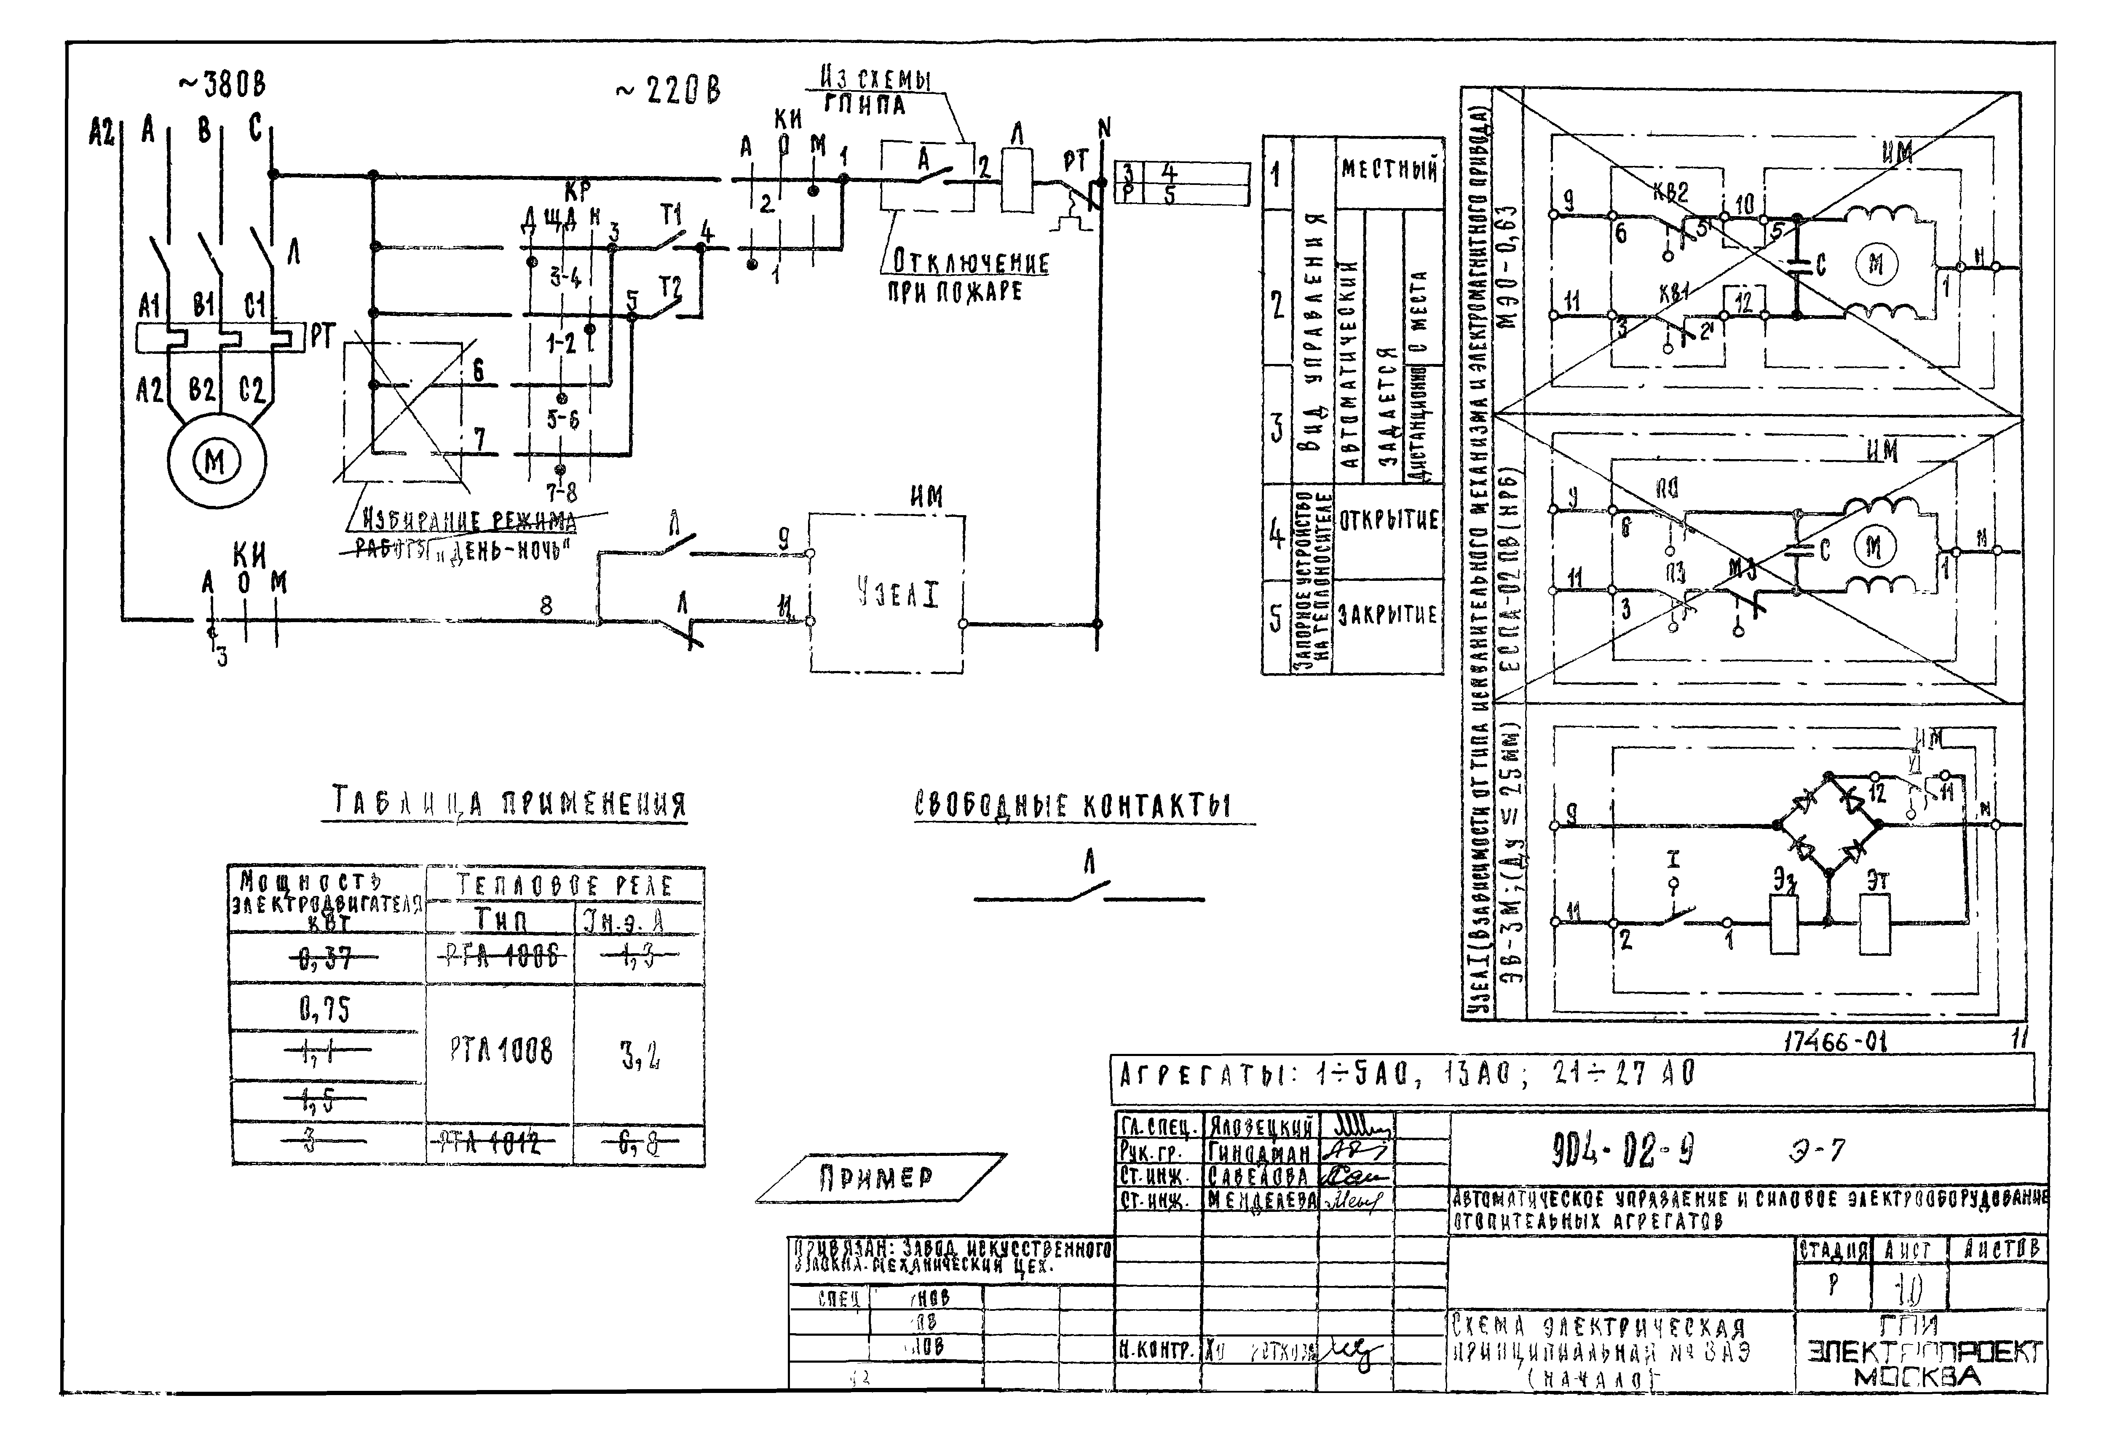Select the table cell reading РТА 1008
pyautogui.click(x=501, y=1052)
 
